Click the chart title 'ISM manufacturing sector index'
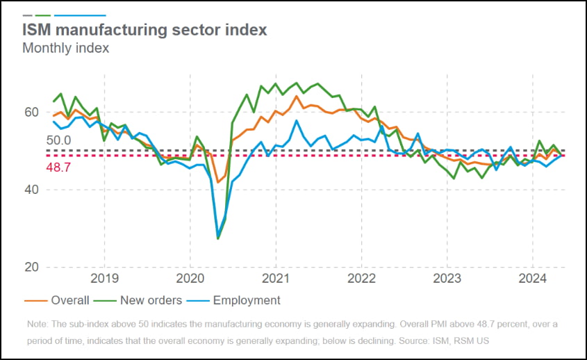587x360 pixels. click(x=144, y=31)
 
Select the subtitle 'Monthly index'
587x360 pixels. click(x=65, y=48)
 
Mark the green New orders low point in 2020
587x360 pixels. click(x=218, y=239)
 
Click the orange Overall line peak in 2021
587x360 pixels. click(x=297, y=96)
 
